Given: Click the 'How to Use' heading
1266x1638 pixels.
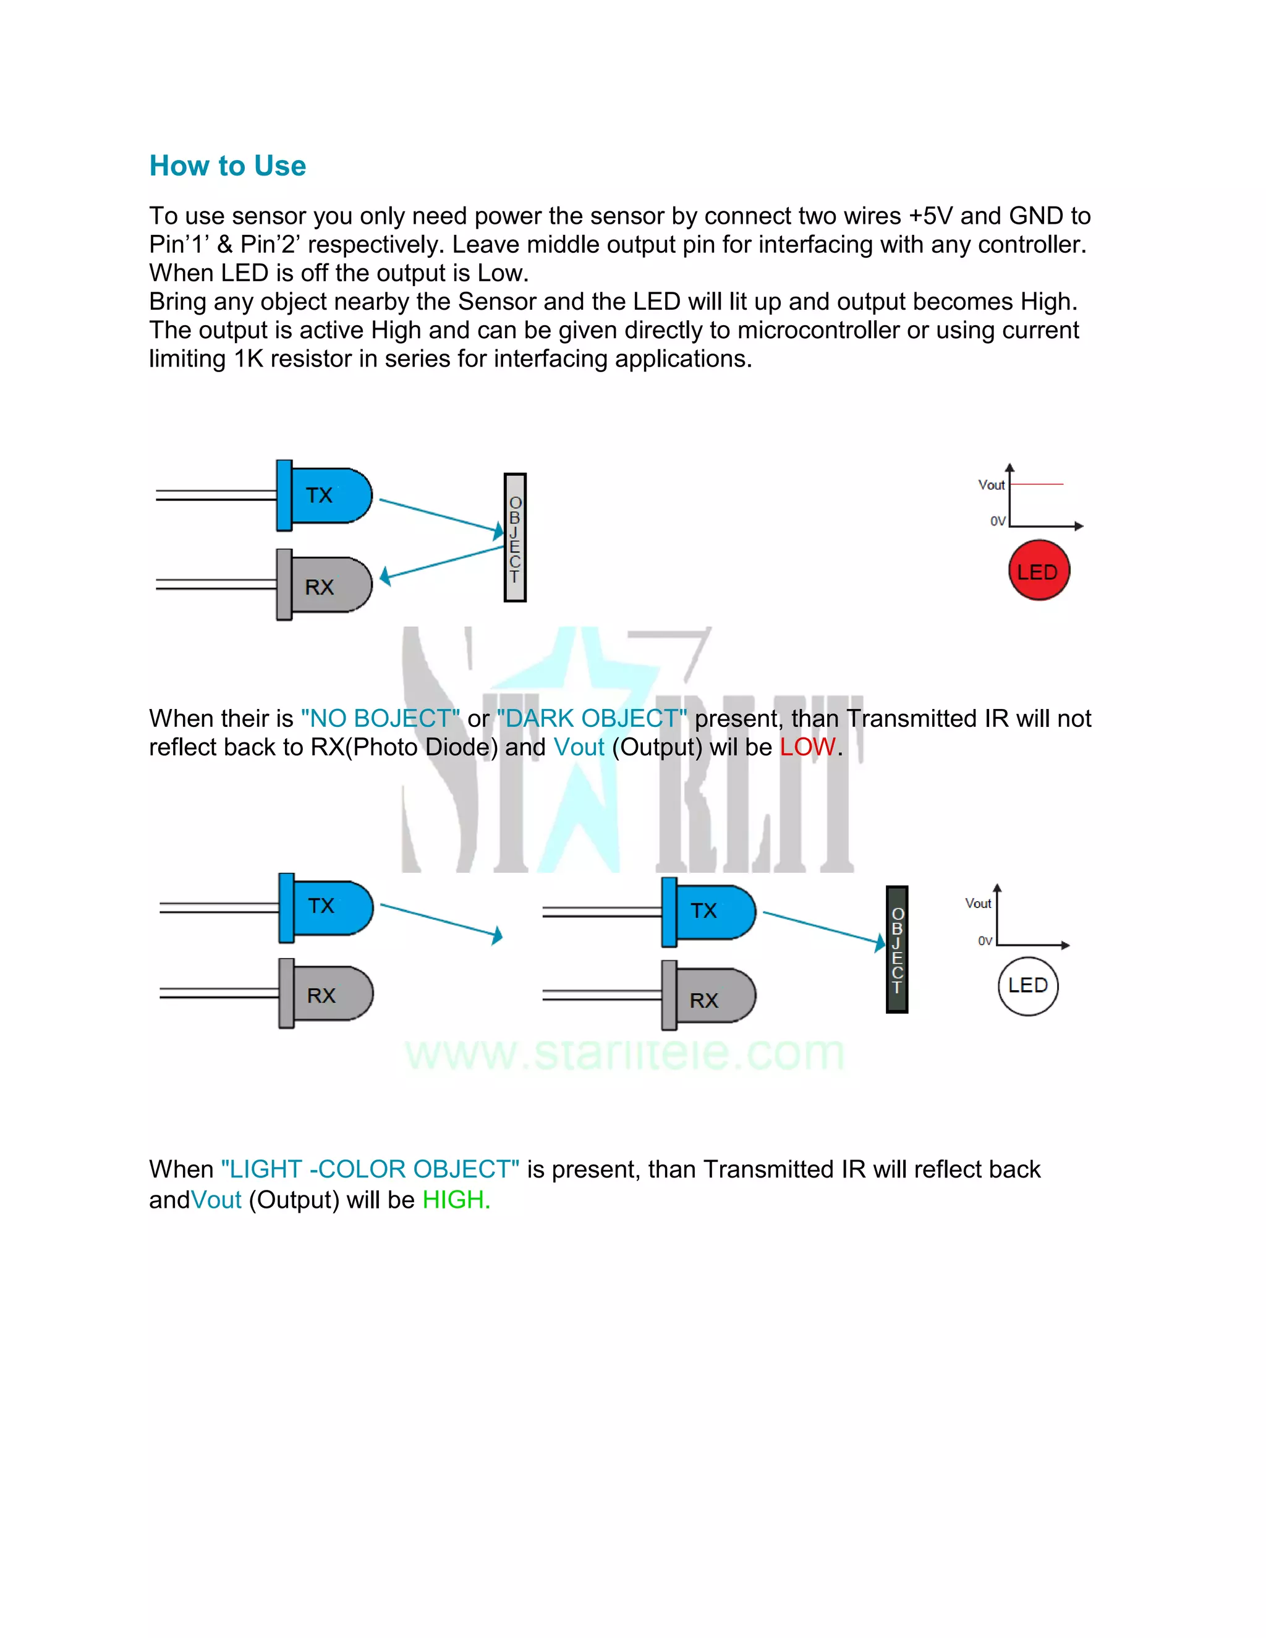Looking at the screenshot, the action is [x=227, y=166].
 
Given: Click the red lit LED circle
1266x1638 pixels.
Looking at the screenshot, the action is [x=1038, y=571].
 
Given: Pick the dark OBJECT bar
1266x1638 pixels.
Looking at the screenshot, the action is [x=897, y=949].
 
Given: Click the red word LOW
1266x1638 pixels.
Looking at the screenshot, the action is [x=807, y=747].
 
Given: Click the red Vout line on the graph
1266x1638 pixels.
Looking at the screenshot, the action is [x=1037, y=485].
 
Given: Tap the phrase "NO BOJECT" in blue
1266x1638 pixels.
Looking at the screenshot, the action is [x=380, y=718].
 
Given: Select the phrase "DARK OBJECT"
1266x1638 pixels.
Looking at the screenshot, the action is [x=592, y=718].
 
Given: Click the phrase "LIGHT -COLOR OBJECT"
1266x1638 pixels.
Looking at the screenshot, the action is [x=370, y=1169].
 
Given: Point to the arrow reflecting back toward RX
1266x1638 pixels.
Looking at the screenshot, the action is [x=443, y=562].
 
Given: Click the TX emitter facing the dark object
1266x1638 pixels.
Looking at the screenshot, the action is [x=709, y=911].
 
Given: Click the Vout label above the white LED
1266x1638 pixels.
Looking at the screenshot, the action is [x=978, y=904].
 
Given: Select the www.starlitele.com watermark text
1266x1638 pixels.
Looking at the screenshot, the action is [x=625, y=1053].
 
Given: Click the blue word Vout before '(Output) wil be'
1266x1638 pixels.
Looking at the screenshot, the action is [x=579, y=747].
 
